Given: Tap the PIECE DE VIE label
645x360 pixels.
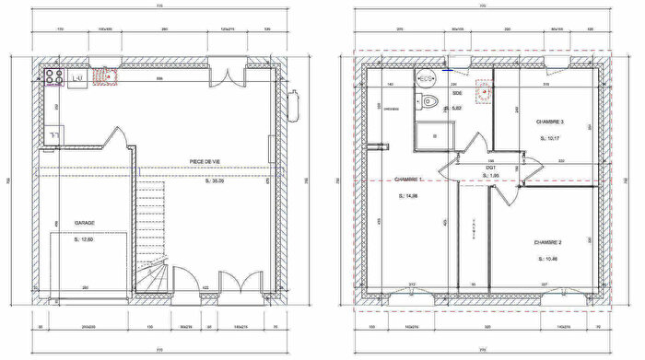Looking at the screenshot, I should pos(205,161).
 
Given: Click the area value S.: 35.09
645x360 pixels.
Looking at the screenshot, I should pos(213,181).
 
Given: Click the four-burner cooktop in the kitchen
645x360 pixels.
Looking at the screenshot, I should pos(52,79).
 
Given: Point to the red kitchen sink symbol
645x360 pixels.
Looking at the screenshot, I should pos(111,79).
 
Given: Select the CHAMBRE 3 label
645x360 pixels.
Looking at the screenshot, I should pos(550,122).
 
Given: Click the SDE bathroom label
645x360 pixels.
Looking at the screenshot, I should pos(456,94).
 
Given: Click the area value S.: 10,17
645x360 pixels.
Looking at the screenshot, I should pos(550,139).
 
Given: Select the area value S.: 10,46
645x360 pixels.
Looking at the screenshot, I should pos(548,259).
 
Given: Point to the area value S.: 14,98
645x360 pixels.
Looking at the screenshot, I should pos(408,197).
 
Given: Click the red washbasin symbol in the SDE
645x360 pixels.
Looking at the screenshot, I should pos(481,90).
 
